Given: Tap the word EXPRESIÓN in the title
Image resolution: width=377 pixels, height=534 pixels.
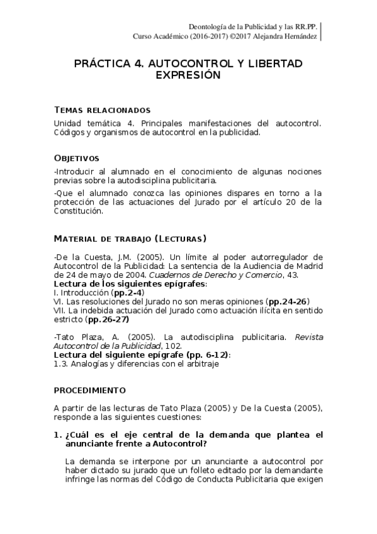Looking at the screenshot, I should click(x=188, y=75).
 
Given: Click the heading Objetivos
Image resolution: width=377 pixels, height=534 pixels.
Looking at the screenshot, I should click(x=76, y=158).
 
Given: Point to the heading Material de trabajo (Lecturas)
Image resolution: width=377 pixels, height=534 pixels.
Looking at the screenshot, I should click(x=130, y=239).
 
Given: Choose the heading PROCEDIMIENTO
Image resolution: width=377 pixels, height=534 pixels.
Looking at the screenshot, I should click(x=89, y=390).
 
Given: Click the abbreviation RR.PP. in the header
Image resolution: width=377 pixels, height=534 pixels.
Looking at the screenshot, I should click(x=304, y=27).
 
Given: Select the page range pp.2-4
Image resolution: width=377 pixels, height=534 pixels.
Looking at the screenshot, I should click(x=128, y=293).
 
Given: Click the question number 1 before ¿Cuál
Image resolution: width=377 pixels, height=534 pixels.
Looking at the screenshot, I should click(x=57, y=435).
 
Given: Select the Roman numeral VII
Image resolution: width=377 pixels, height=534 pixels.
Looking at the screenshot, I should click(x=60, y=310).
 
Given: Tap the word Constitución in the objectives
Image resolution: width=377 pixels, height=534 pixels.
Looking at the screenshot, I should click(x=77, y=211).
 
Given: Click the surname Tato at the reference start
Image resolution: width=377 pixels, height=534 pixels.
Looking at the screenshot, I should click(x=67, y=338).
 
